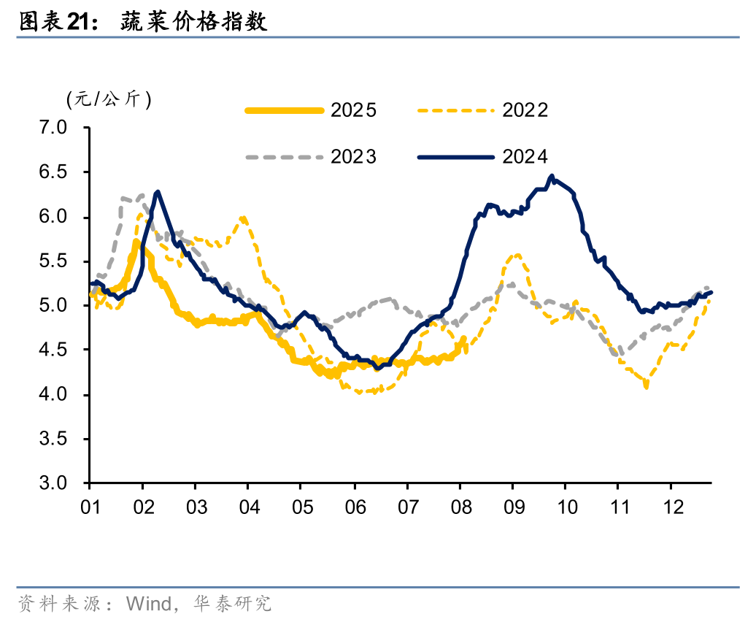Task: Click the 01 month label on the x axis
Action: [90, 506]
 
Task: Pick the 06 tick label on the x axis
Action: [355, 506]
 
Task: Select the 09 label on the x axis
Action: [513, 506]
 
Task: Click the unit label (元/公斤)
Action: [109, 100]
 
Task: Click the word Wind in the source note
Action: [146, 603]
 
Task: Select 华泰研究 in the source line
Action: [233, 603]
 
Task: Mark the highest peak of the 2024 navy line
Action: [552, 176]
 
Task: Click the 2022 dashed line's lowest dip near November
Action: [647, 385]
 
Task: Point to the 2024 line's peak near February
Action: [158, 191]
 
